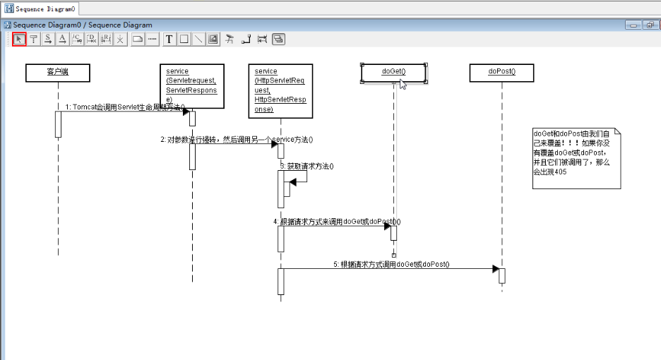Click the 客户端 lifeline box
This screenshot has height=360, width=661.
click(x=58, y=72)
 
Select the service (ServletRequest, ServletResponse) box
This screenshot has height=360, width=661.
click(x=192, y=86)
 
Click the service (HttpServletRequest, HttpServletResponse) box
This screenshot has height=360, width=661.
click(x=280, y=90)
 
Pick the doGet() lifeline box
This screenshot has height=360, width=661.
click(x=393, y=72)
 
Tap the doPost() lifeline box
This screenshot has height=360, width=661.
click(x=502, y=72)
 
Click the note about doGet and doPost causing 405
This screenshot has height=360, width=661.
click(x=576, y=157)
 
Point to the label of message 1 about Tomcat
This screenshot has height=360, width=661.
click(x=124, y=107)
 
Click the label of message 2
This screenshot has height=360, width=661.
click(x=237, y=139)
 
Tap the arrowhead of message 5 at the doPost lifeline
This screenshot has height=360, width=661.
click(x=495, y=269)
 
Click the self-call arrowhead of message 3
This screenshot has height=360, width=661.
click(x=293, y=182)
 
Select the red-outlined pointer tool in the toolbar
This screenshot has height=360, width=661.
click(x=19, y=40)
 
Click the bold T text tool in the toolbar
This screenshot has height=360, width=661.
click(x=169, y=40)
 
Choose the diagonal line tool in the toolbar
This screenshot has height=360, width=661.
click(x=198, y=40)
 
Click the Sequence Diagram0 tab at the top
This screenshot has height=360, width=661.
click(x=40, y=8)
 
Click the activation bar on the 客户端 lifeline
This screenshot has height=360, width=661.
click(x=58, y=124)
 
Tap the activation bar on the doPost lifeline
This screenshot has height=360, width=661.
click(x=502, y=275)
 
